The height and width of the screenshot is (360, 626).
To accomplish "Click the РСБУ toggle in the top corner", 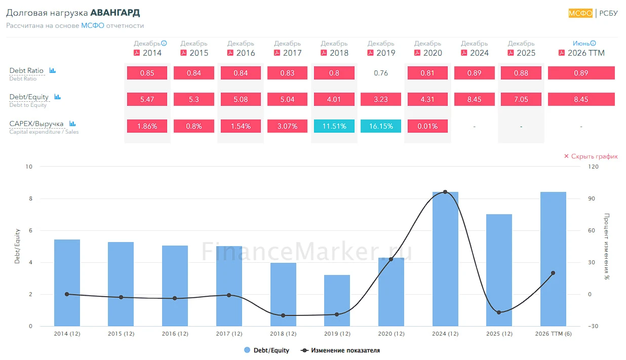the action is (x=608, y=13).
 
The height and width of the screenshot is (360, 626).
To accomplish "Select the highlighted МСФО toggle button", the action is (x=580, y=13).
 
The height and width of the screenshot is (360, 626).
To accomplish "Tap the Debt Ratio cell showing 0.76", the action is (x=381, y=73).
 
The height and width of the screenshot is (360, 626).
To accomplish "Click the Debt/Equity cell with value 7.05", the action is (x=521, y=99).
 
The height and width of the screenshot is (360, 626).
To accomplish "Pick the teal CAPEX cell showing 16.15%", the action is (x=381, y=126).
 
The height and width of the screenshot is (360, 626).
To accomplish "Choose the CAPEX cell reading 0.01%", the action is (x=427, y=126).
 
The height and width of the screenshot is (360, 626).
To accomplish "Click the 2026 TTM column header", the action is (x=586, y=53).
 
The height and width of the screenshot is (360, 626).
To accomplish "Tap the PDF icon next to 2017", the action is (x=277, y=53).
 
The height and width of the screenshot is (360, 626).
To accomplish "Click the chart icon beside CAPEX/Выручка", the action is (x=72, y=124).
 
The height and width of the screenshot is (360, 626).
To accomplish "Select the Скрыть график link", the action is (x=591, y=156).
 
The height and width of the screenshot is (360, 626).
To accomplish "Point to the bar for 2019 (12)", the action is (x=337, y=301).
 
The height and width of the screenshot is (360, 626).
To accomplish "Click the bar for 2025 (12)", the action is (x=499, y=270).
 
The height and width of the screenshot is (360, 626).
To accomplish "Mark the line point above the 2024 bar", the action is (x=445, y=192).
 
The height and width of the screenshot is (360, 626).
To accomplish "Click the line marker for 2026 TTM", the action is (x=553, y=273).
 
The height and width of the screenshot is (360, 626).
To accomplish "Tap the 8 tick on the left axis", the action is (x=30, y=198).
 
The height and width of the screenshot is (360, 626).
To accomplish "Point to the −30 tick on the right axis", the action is (x=593, y=326).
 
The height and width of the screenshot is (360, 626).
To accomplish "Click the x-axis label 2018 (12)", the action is (x=283, y=334).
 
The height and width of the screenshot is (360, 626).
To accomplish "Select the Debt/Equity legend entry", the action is (x=266, y=350).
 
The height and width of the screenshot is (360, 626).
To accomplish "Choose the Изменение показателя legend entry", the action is (x=340, y=350).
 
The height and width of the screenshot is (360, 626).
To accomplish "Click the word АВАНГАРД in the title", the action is (x=115, y=13).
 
